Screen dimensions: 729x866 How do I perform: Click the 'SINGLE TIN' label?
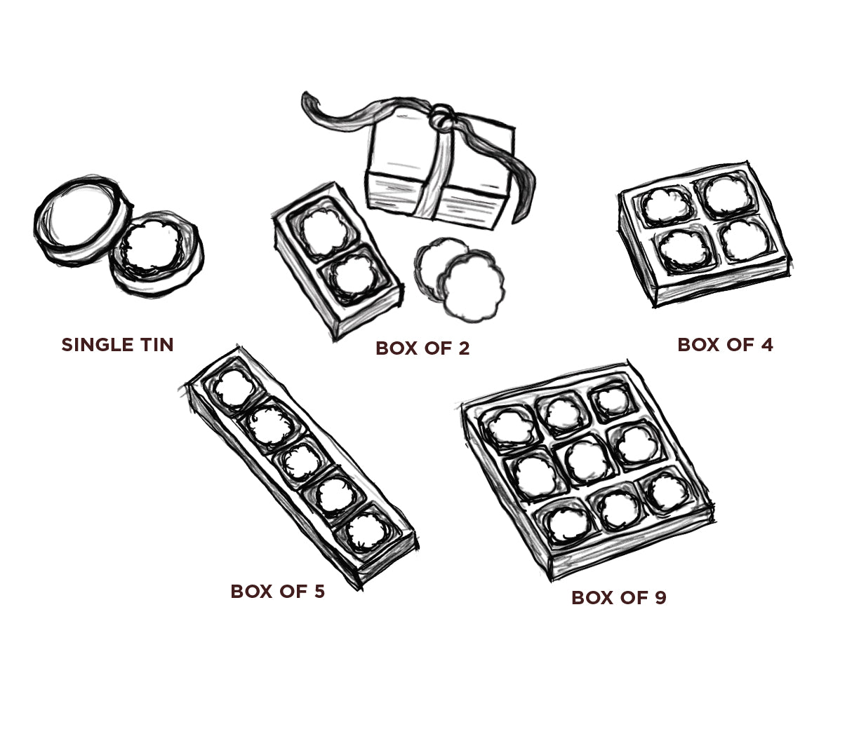coord(117,345)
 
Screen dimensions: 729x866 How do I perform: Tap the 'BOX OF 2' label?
coord(422,348)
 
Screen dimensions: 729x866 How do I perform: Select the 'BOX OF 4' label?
coord(725,345)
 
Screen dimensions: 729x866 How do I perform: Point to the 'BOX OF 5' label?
coord(277,592)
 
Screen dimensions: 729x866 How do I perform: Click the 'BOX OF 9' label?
coord(618,598)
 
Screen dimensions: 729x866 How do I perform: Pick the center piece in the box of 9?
coord(587,461)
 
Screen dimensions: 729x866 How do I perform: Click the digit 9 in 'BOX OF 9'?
coord(660,598)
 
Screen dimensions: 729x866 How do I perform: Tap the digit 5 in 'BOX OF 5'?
coord(319,592)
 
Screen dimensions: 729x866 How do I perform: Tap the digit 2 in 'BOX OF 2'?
coord(463,348)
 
